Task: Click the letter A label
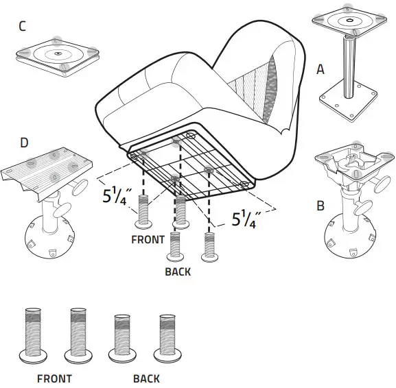[320, 69]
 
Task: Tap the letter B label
[320, 206]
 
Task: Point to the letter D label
[24, 143]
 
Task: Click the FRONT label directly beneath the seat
[148, 240]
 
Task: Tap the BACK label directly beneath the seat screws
[178, 271]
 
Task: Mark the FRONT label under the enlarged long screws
[54, 378]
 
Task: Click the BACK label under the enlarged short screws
[146, 378]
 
